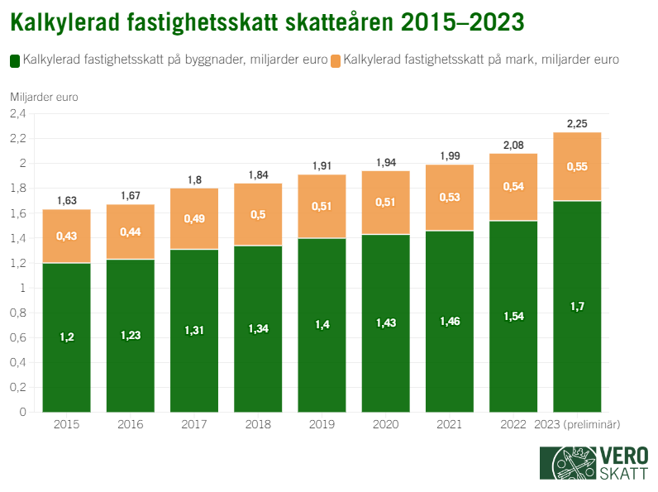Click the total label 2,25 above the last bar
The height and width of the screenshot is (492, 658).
[x=577, y=124]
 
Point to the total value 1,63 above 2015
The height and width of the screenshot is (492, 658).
[x=67, y=201]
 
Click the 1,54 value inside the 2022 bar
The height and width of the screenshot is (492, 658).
[x=513, y=316]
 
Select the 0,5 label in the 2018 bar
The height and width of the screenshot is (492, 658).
[x=258, y=215]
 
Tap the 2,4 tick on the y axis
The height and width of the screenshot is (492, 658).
[x=18, y=114]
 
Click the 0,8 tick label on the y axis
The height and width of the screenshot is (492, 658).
[x=18, y=313]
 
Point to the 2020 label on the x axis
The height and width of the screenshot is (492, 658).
[x=386, y=424]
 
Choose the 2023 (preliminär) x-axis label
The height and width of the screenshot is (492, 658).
[x=578, y=424]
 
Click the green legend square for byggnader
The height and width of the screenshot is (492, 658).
[x=15, y=60]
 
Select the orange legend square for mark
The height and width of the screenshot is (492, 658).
[x=336, y=60]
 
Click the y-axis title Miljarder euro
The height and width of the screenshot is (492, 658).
[x=44, y=97]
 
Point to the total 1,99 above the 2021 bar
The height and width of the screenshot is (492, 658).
[x=450, y=156]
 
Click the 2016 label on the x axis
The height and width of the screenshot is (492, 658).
[x=131, y=424]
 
